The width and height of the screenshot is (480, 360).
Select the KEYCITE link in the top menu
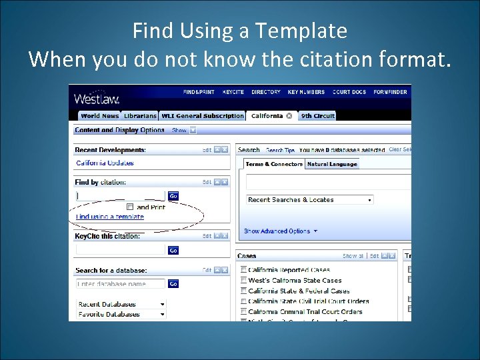(233, 92)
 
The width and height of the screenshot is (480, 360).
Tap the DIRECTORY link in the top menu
(266, 92)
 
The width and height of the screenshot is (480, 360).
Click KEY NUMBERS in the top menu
(307, 92)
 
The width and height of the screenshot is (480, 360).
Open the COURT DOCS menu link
(349, 92)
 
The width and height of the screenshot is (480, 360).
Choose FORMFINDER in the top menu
(390, 92)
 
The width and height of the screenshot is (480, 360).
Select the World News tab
(99, 116)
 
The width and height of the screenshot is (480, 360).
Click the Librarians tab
(140, 116)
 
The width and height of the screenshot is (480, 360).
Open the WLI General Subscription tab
(203, 116)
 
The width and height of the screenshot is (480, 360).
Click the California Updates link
(105, 163)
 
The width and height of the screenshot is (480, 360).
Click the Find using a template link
(110, 217)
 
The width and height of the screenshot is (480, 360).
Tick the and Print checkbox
(130, 207)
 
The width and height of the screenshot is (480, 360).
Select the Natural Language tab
(332, 164)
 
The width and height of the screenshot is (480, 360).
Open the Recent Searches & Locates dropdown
(309, 199)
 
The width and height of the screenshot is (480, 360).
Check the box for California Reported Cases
(243, 270)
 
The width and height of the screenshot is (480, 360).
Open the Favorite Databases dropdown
(121, 314)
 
